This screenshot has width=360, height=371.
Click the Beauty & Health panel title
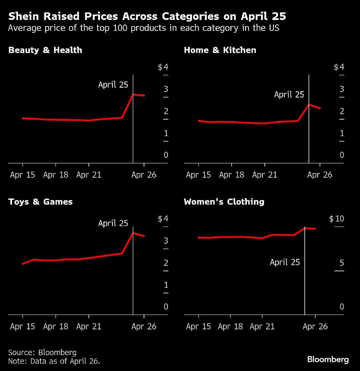[45, 50]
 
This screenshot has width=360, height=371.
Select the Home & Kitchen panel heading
[220, 50]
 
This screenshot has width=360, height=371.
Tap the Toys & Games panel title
[40, 202]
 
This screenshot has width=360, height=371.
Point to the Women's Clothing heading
[224, 202]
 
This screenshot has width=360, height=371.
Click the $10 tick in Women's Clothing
[336, 219]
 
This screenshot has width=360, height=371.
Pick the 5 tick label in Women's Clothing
[342, 263]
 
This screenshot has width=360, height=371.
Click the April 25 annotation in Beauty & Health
[113, 85]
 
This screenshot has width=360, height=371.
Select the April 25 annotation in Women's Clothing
[285, 262]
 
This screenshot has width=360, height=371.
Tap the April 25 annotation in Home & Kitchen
[289, 95]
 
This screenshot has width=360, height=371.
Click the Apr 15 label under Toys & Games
[22, 327]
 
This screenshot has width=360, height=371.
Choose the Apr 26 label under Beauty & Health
[144, 175]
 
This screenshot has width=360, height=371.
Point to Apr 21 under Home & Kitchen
[264, 175]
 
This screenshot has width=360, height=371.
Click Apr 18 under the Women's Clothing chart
[230, 327]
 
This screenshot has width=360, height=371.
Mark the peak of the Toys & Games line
[133, 233]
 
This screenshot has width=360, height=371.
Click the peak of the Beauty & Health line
[133, 94]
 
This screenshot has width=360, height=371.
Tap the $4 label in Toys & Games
[163, 219]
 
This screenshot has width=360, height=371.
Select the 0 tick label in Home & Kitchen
[342, 155]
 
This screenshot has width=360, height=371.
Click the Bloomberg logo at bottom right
[328, 359]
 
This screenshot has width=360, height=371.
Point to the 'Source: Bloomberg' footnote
[42, 353]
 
